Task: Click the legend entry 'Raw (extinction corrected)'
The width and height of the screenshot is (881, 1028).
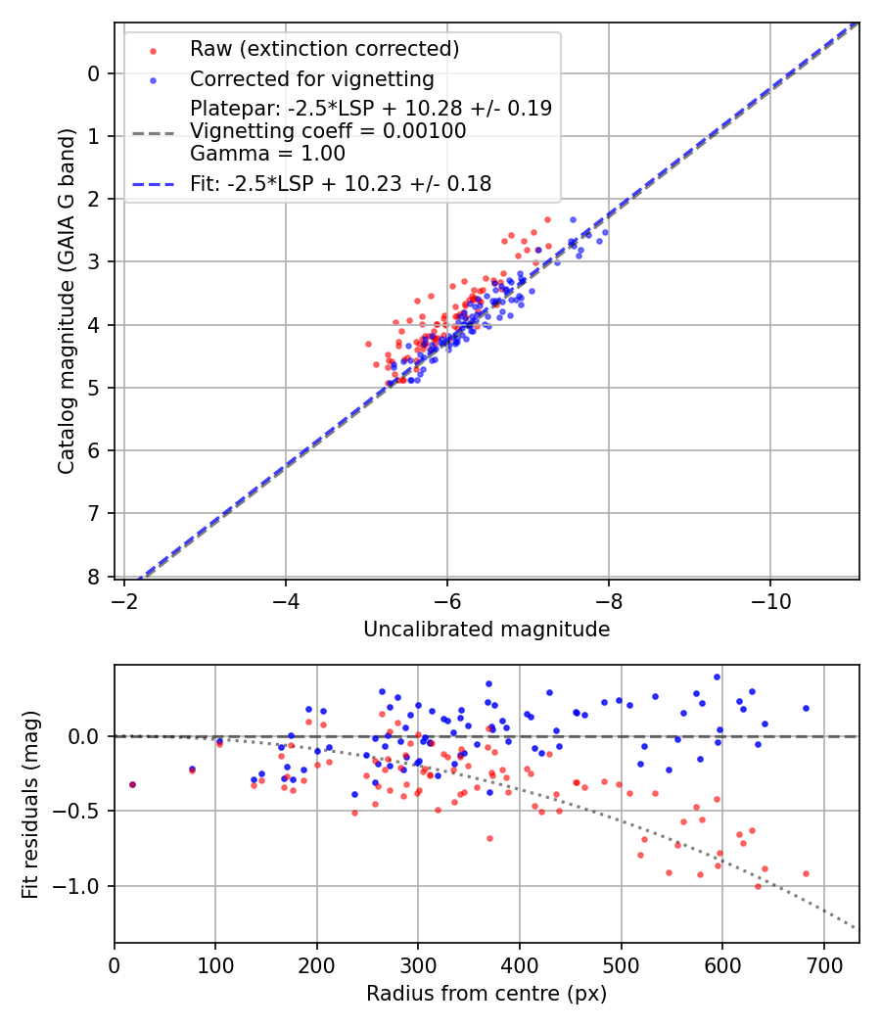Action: click(324, 49)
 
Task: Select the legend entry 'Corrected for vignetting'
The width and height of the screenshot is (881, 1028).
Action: click(312, 78)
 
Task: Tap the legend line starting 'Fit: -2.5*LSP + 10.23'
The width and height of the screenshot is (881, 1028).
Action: click(341, 183)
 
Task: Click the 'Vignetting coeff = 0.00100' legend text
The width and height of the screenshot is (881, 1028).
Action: click(328, 131)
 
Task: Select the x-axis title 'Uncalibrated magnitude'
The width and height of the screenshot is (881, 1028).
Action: click(487, 630)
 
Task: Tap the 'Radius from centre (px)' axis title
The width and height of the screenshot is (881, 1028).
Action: click(487, 994)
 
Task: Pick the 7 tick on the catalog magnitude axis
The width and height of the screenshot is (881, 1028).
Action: click(94, 514)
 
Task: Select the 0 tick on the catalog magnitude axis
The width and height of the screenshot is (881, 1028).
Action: click(94, 73)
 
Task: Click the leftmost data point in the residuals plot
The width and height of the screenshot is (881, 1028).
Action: click(132, 784)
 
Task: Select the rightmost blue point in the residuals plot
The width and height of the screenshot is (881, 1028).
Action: click(806, 708)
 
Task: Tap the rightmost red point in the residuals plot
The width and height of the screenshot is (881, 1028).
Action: click(806, 873)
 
